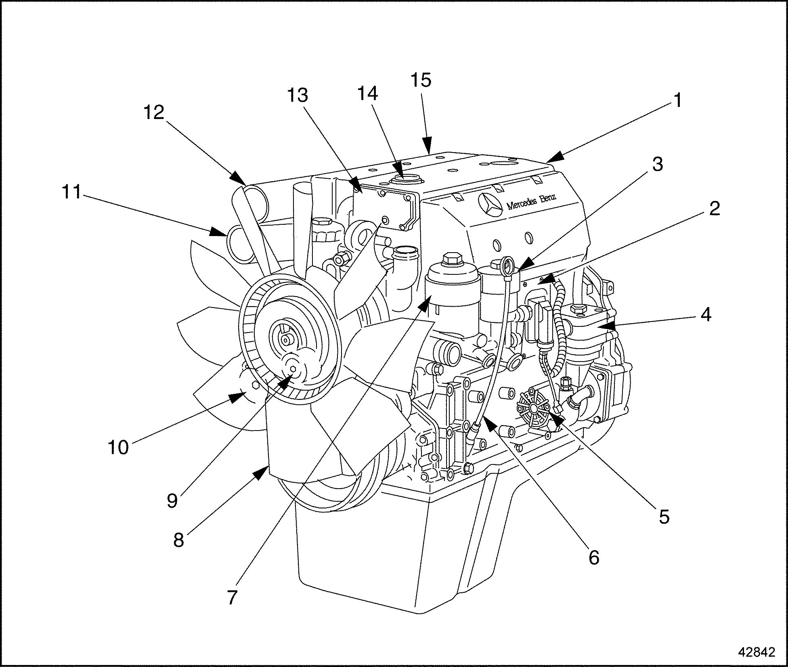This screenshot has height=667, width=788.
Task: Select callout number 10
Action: coord(119,447)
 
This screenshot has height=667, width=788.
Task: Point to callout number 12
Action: coord(154,112)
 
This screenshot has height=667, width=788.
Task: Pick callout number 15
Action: coord(421,80)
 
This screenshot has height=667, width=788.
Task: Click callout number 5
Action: coord(664,516)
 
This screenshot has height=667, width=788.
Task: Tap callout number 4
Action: coord(705,315)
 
